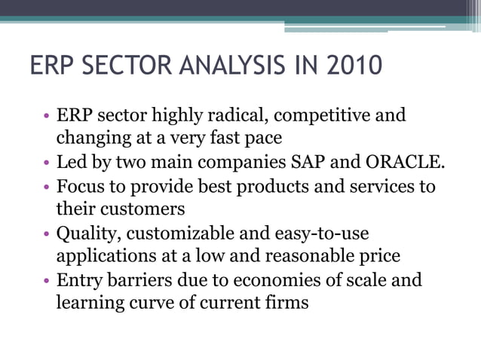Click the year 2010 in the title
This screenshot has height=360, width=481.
(x=354, y=66)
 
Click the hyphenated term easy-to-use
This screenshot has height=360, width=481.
(x=323, y=233)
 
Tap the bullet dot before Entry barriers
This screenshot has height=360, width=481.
(x=47, y=281)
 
